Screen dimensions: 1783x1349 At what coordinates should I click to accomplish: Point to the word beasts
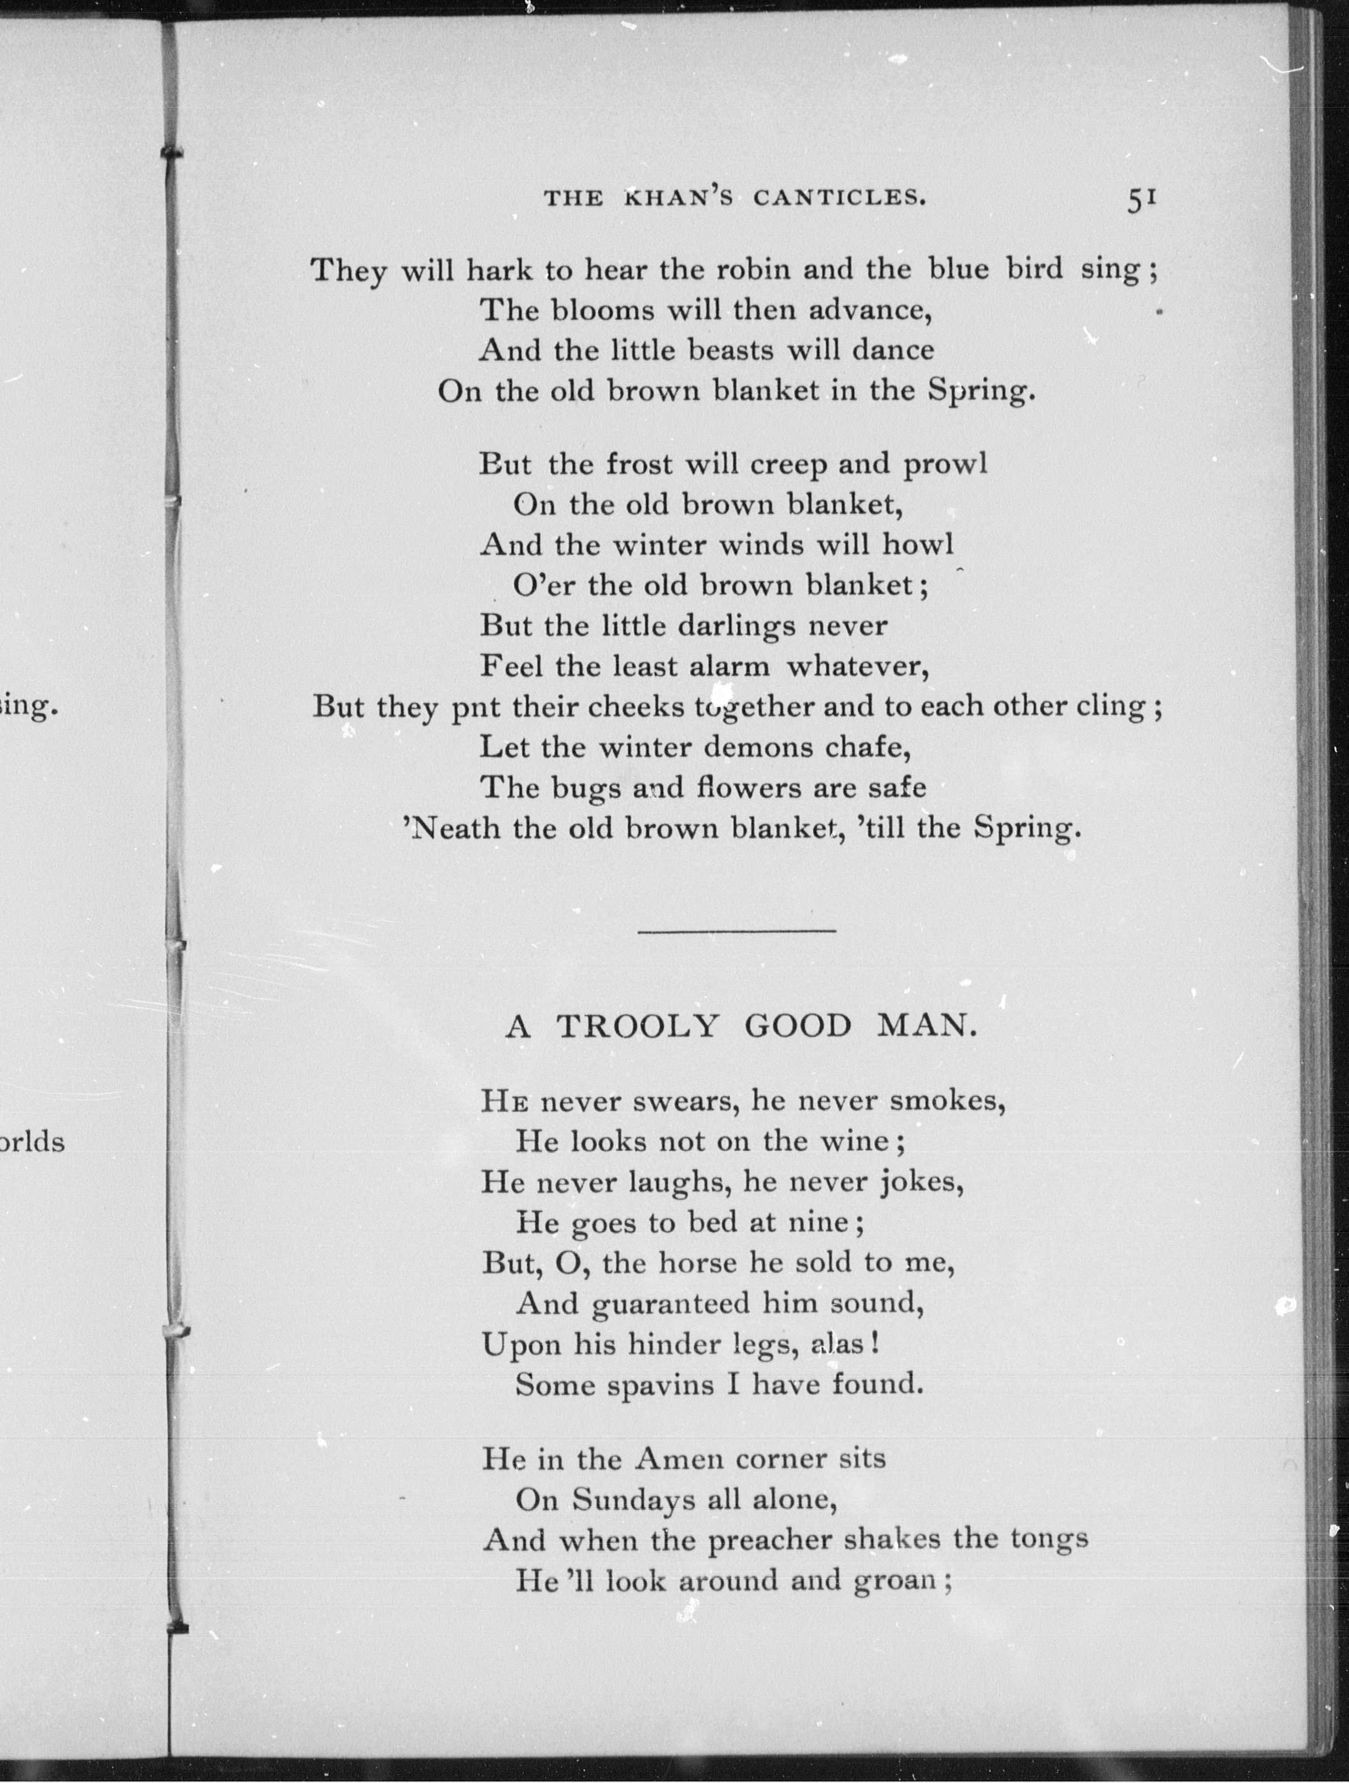725,351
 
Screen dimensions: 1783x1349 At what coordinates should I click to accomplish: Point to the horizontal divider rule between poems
737,932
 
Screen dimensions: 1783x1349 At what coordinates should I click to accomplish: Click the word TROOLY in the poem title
637,1026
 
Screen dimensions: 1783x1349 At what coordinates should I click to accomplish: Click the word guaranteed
671,1303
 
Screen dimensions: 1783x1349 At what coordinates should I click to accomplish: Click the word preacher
770,1540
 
